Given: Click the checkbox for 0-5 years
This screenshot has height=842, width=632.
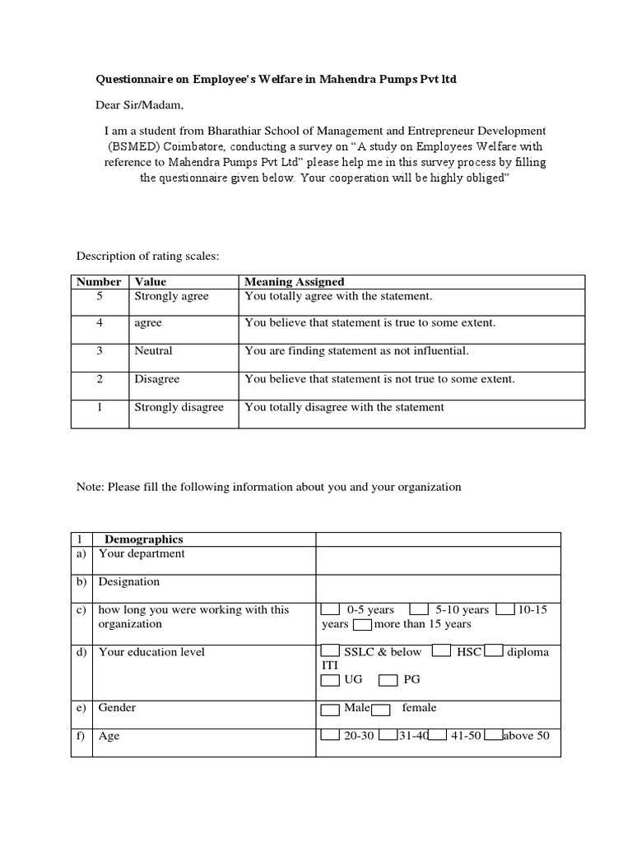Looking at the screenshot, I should click(x=329, y=610).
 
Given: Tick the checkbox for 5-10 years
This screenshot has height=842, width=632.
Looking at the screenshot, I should click(x=418, y=610).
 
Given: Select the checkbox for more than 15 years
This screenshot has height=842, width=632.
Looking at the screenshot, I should click(x=361, y=625).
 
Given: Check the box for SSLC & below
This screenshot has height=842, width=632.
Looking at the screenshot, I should click(x=329, y=653).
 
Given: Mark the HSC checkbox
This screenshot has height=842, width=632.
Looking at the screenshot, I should click(x=441, y=653).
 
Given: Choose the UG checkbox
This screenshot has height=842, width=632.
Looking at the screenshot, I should click(x=329, y=681).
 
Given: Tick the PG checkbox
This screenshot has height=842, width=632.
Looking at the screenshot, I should click(x=388, y=681).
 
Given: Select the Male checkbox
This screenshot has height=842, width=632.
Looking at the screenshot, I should click(x=329, y=709).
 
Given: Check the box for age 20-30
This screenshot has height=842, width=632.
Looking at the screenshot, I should click(x=329, y=735).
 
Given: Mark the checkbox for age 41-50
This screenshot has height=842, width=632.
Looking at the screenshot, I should click(x=437, y=735).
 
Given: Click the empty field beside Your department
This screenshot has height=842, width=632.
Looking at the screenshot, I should click(x=438, y=560).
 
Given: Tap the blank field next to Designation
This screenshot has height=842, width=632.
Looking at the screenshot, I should click(x=438, y=588).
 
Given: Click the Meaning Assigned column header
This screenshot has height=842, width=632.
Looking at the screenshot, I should click(x=295, y=282).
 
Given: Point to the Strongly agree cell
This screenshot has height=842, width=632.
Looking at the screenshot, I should click(x=172, y=296).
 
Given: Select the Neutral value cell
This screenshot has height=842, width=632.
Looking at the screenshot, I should click(x=154, y=351).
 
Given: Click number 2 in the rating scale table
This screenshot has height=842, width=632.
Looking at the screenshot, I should click(x=99, y=379).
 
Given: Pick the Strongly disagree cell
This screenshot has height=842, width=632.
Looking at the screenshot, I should click(x=179, y=407).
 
